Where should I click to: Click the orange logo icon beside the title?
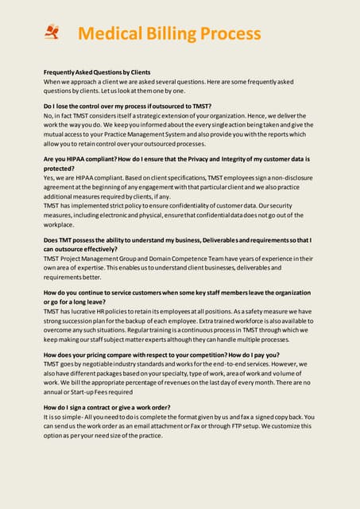coord(53,32)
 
